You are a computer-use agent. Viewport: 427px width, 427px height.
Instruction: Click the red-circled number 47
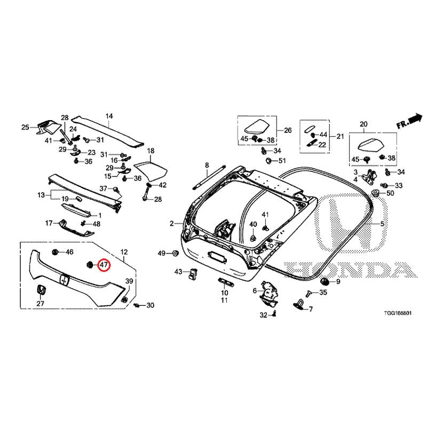tap(104, 265)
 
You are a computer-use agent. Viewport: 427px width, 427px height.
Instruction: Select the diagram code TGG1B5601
tap(398, 313)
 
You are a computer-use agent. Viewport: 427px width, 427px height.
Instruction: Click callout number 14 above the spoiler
tap(109, 116)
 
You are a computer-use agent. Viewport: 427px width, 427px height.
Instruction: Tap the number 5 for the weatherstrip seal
tap(382, 224)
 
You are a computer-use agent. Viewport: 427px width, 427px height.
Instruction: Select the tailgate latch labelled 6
tap(269, 292)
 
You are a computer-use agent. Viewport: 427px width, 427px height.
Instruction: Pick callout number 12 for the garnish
tap(124, 252)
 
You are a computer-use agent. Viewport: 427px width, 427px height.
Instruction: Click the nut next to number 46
tap(56, 252)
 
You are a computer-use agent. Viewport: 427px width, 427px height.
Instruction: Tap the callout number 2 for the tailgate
tap(171, 224)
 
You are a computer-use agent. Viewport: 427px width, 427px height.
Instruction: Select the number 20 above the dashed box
tap(363, 124)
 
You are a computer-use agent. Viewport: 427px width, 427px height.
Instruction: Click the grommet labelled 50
tap(376, 193)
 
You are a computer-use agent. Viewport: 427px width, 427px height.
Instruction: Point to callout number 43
tap(178, 272)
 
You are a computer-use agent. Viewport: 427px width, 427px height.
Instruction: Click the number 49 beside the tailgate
tap(162, 253)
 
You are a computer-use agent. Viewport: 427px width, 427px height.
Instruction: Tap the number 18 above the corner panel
tap(151, 151)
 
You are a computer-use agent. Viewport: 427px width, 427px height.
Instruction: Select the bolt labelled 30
tap(137, 305)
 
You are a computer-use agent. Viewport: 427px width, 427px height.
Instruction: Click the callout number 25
tap(25, 127)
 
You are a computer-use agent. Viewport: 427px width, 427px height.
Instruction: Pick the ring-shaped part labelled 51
tap(269, 161)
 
